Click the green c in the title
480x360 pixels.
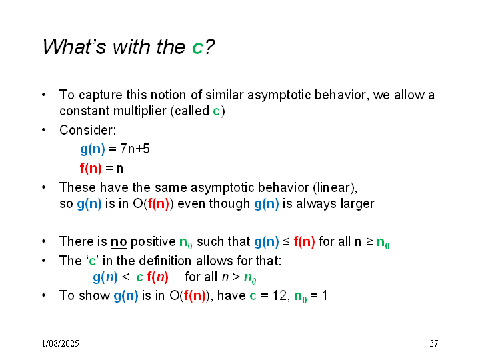point(198,47)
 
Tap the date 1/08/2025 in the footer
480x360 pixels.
point(60,343)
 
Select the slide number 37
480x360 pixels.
point(433,343)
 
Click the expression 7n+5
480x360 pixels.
point(135,149)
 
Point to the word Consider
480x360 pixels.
point(88,130)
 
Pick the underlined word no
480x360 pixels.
point(119,241)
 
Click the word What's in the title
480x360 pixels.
point(75,47)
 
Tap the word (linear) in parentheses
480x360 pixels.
point(335,187)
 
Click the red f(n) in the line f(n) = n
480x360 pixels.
point(91,168)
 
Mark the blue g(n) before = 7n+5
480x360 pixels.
point(93,149)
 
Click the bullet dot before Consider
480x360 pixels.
point(44,130)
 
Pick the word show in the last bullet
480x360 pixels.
point(94,296)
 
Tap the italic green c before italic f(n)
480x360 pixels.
point(140,277)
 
